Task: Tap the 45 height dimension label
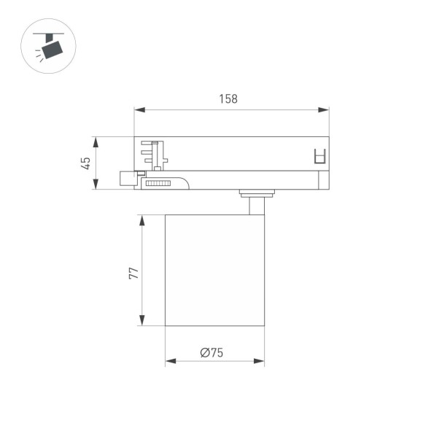click(x=86, y=163)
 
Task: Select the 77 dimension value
click(x=132, y=273)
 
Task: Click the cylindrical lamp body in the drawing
click(x=214, y=270)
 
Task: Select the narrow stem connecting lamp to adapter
click(x=255, y=206)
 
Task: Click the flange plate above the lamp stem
click(x=256, y=193)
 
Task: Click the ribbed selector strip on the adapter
click(x=157, y=184)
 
